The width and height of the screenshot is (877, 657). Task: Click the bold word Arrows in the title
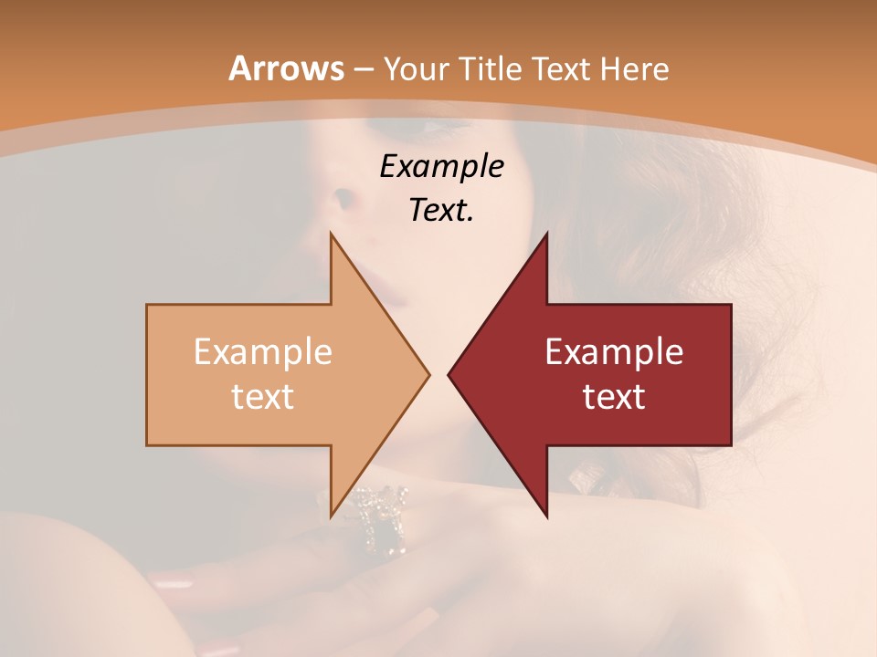coord(287,68)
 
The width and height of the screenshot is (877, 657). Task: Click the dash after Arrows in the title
coord(362,70)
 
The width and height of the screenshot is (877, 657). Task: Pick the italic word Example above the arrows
coord(441,166)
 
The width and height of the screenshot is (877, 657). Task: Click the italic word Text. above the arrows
coord(441,210)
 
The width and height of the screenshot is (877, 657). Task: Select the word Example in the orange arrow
coord(263,352)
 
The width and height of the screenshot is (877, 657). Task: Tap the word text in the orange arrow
coord(263,396)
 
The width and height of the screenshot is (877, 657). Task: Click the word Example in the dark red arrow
coord(614,352)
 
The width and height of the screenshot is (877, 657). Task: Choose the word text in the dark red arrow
coord(614,396)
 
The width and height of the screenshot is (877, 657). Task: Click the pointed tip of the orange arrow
coord(428,374)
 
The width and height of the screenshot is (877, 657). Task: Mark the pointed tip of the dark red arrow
coord(449,374)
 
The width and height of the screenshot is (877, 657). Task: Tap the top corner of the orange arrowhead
coord(331,234)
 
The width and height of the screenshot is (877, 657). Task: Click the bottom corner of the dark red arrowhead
coord(546,516)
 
